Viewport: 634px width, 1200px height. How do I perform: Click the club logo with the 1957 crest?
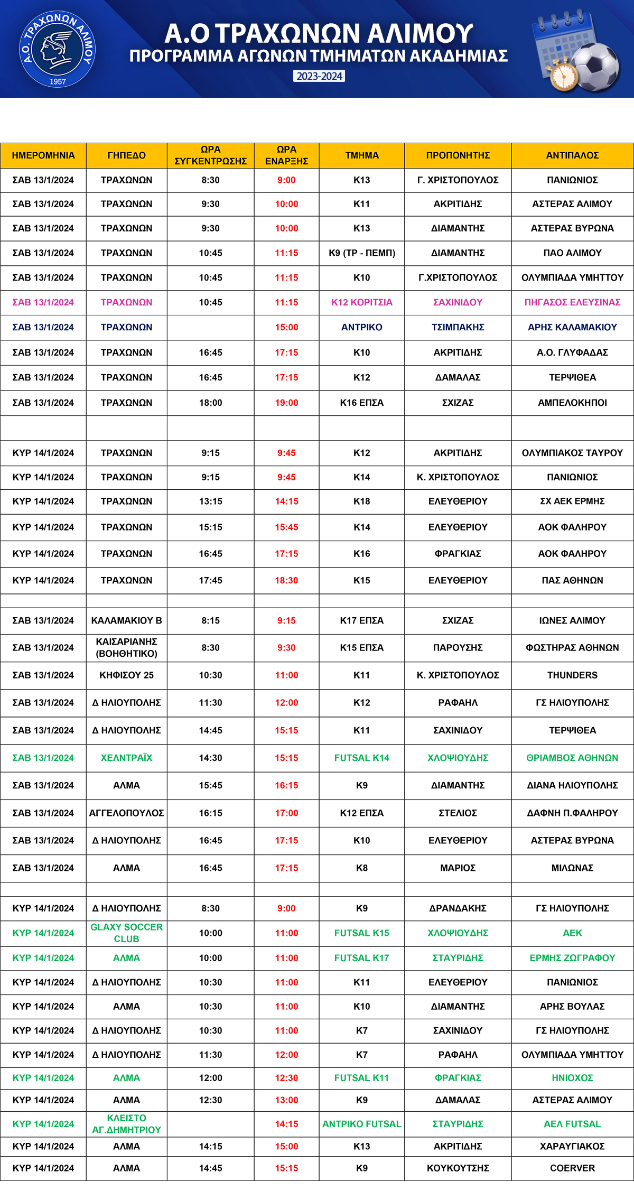coord(57,49)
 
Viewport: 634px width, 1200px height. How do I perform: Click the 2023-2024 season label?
coord(319,76)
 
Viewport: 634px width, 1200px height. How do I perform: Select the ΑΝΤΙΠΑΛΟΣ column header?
coord(572,155)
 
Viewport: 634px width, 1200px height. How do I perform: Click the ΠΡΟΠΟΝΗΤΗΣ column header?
coord(458,155)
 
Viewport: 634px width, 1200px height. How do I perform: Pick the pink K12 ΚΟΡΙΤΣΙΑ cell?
coord(361,302)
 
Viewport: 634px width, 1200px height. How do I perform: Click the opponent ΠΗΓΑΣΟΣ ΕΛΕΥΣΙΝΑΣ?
coord(572,302)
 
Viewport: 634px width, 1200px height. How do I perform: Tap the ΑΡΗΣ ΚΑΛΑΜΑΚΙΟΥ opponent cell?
coord(572,327)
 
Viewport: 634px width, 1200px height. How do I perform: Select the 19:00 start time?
coord(286,403)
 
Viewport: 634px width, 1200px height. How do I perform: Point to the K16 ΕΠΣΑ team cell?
coord(361,403)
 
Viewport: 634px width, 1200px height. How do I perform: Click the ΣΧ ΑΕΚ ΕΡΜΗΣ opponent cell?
coord(572,501)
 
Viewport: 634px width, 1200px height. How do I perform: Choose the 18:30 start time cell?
coord(286,580)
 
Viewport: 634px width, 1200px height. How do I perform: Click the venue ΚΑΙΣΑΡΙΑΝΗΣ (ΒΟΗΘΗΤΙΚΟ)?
coord(126,647)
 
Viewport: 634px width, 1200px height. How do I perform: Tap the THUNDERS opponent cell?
coord(572,675)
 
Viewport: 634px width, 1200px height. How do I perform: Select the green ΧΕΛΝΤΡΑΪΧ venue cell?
coord(126,758)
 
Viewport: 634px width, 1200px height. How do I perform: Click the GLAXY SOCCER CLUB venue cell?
coord(126,933)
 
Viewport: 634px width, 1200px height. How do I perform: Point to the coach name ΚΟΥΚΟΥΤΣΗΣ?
coord(458,1168)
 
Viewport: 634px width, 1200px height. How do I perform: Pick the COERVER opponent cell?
coord(572,1168)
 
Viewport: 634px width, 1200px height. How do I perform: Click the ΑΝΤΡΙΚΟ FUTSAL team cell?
coord(361,1124)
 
